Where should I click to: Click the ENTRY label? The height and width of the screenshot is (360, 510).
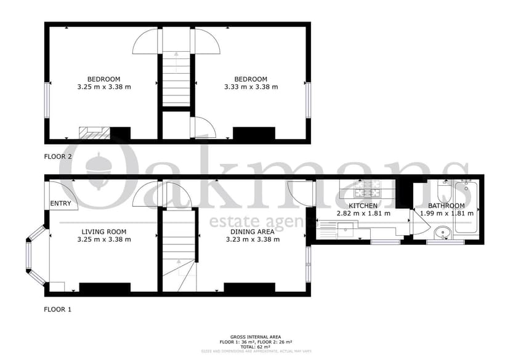click(x=60, y=204)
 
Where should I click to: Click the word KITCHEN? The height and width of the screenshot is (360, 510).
click(x=363, y=206)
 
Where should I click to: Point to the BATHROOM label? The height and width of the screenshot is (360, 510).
click(x=447, y=206)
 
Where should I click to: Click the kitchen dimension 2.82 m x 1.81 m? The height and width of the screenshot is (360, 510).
click(x=363, y=214)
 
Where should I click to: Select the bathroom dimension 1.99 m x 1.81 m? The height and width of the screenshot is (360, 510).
click(x=447, y=214)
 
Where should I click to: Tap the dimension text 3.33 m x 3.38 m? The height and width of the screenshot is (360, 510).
click(x=251, y=87)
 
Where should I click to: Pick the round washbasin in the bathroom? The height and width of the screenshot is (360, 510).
click(x=441, y=233)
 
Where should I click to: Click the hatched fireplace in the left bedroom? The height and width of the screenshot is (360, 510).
click(x=94, y=132)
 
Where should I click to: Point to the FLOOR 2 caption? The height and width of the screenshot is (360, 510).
click(x=58, y=156)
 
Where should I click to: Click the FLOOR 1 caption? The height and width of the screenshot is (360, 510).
click(x=58, y=310)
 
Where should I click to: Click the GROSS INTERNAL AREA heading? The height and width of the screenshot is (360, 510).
click(x=255, y=337)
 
